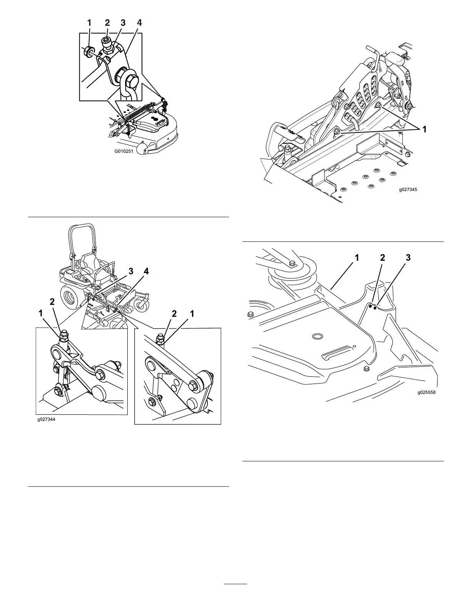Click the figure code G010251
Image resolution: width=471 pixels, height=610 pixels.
[x=124, y=151]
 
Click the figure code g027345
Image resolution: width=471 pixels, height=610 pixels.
[x=408, y=189]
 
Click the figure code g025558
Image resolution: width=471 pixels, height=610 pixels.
[x=427, y=393]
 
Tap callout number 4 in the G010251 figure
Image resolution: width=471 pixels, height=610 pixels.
[x=139, y=23]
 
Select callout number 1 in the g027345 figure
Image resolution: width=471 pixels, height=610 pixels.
[x=424, y=130]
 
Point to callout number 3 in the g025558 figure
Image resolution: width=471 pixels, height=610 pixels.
[x=408, y=258]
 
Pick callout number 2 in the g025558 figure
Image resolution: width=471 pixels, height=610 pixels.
[x=382, y=258]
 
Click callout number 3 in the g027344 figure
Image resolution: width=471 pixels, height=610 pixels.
[x=131, y=271]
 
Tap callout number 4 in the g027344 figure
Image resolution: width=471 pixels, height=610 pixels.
[x=146, y=271]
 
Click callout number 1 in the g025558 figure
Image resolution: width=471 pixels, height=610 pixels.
[x=357, y=258]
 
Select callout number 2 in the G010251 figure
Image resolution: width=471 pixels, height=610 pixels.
[x=107, y=23]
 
